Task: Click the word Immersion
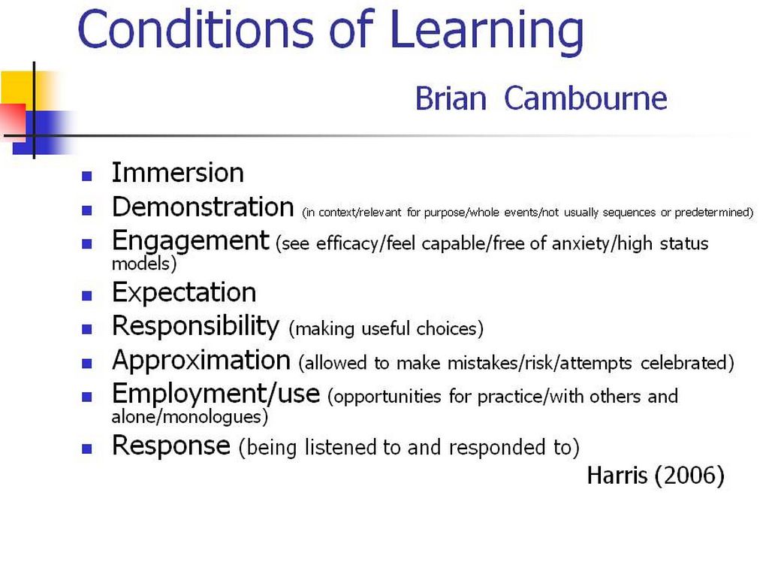point(177,173)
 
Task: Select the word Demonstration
point(203,207)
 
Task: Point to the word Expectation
point(184,293)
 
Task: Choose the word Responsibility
point(196,327)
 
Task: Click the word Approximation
point(201,361)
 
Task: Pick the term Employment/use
point(216,394)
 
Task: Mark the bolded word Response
point(170,446)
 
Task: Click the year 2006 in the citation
point(689,475)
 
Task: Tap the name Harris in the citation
point(617,475)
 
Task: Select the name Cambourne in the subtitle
point(586,98)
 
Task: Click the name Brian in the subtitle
point(451,98)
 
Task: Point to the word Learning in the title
point(487,30)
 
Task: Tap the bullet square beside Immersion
point(87,176)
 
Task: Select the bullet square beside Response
point(87,449)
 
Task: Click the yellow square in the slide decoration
point(18,87)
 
